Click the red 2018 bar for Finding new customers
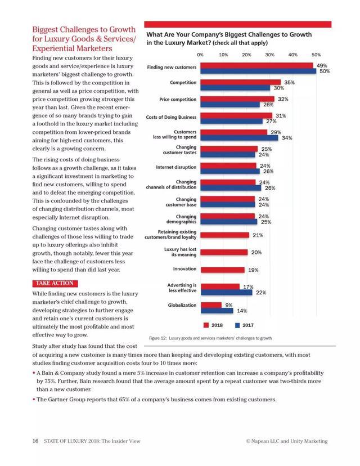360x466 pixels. [x=256, y=65]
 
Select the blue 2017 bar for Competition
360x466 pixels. [x=235, y=88]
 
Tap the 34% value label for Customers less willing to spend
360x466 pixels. [x=287, y=138]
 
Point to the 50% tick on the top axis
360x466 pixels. [x=316, y=55]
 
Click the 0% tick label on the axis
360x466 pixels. [x=200, y=55]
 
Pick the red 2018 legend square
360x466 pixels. [x=206, y=325]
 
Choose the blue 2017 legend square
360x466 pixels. [x=238, y=325]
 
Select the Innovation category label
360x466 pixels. [x=184, y=269]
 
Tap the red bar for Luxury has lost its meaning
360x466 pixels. [x=223, y=252]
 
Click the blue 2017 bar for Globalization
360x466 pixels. [x=217, y=310]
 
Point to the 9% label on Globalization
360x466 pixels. [x=229, y=304]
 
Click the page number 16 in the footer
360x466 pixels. [x=35, y=441]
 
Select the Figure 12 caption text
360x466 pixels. [x=210, y=338]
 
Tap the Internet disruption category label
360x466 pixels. [x=176, y=167]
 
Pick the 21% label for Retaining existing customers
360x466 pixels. [x=258, y=235]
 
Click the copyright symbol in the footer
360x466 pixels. [x=248, y=441]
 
